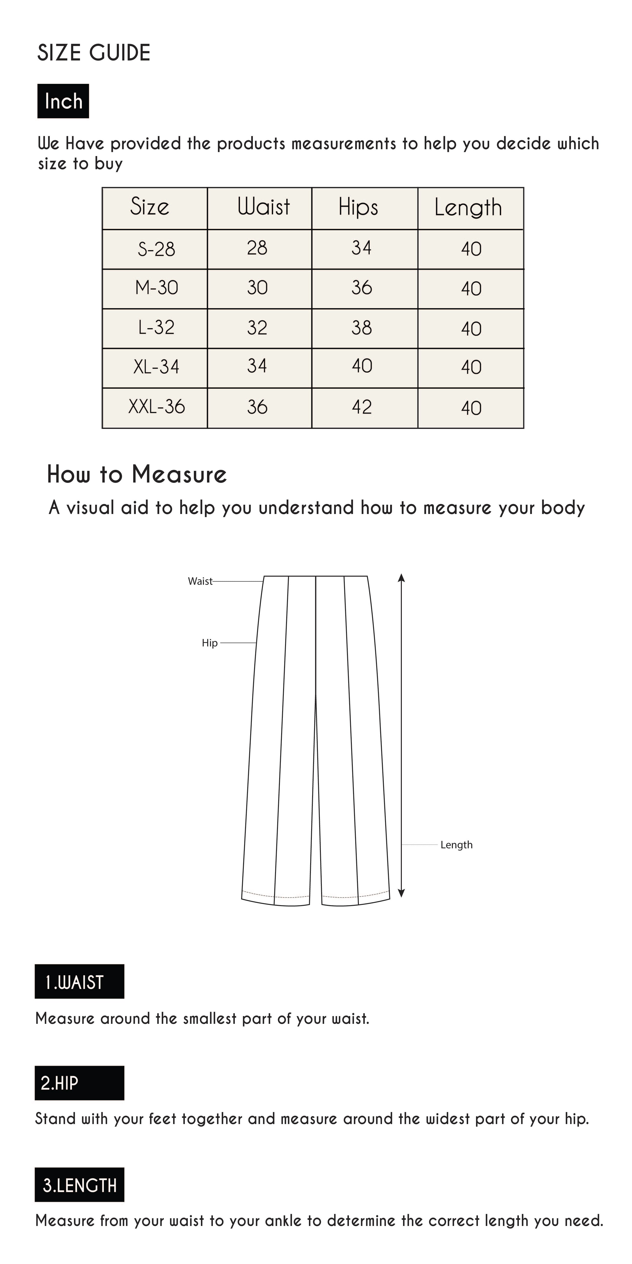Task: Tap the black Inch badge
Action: point(63,101)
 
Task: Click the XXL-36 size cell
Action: point(156,407)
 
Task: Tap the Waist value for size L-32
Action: point(257,328)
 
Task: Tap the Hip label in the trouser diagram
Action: point(209,643)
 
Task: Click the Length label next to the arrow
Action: point(456,845)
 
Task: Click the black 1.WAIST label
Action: point(79,982)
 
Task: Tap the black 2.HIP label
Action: point(79,1083)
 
